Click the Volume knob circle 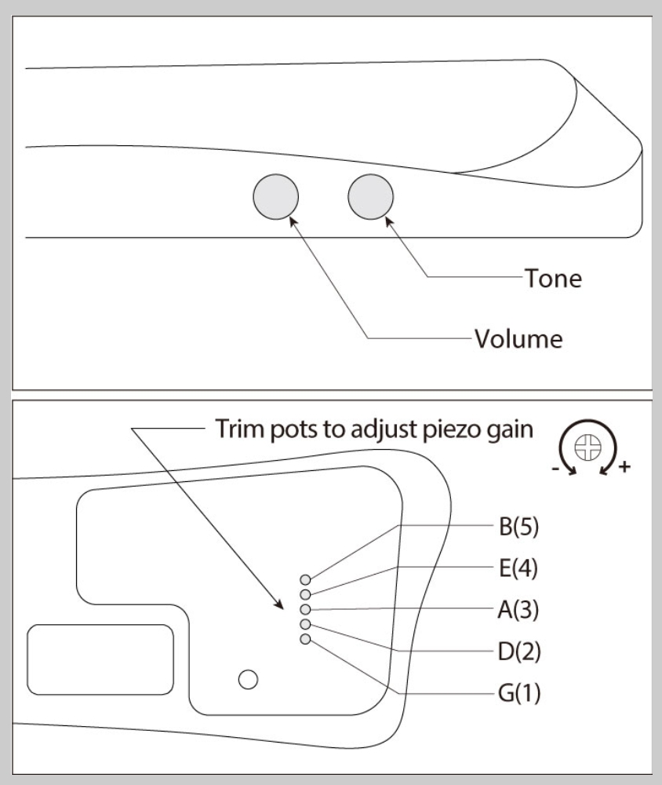(x=275, y=196)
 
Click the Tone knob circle (x=371, y=196)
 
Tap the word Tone (x=553, y=277)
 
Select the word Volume (x=518, y=340)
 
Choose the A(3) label (x=519, y=609)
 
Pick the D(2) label (x=519, y=652)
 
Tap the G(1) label (x=519, y=694)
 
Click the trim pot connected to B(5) (x=305, y=579)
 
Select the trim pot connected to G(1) (x=305, y=639)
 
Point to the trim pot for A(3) (x=305, y=609)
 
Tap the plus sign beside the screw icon (x=624, y=468)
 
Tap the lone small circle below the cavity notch (x=249, y=677)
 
